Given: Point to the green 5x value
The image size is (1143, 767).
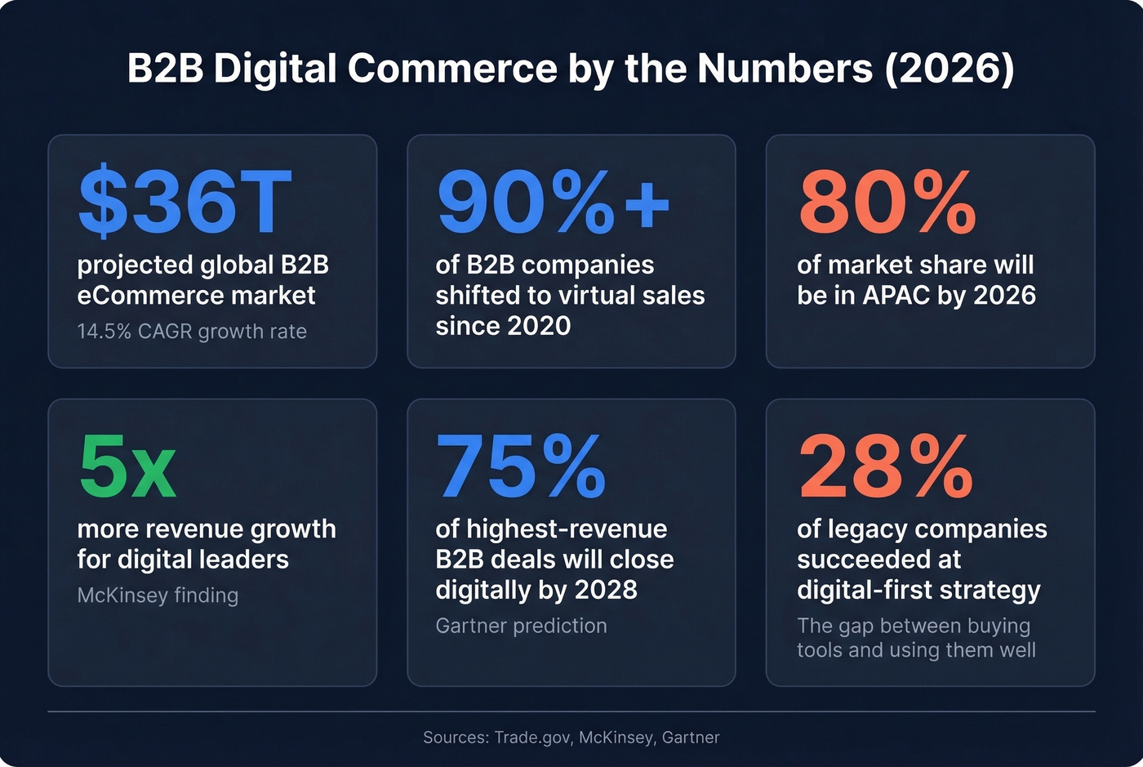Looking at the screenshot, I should [127, 466].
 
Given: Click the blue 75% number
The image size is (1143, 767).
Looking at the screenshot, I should [521, 466].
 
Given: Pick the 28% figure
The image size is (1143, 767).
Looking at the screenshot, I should [886, 466].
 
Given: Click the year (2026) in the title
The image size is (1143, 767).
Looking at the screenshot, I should [950, 68].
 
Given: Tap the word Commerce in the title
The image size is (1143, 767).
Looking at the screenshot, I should [452, 68].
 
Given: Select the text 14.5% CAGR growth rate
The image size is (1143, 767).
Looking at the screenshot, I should [192, 332].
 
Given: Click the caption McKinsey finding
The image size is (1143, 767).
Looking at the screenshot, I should [158, 595].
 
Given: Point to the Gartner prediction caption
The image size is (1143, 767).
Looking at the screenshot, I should [521, 626].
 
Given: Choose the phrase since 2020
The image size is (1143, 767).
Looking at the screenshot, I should [503, 326].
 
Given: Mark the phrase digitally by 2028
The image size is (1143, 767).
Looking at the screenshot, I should [536, 590].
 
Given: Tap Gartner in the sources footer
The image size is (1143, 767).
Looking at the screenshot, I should [691, 738].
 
